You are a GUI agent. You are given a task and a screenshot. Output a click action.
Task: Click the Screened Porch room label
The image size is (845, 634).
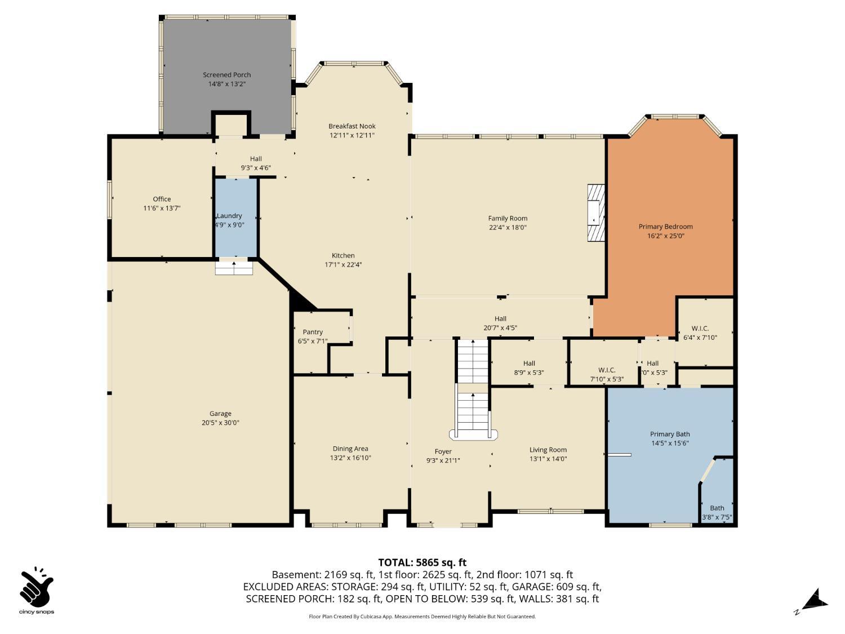click(x=226, y=75)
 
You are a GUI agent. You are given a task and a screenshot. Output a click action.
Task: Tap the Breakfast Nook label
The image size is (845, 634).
click(x=352, y=126)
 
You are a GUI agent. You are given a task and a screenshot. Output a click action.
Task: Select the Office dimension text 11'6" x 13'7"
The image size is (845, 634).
click(x=162, y=209)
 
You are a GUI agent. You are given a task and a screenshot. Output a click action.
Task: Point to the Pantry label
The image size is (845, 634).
click(x=313, y=332)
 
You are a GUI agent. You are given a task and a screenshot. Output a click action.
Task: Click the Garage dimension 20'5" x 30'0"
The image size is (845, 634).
click(x=220, y=423)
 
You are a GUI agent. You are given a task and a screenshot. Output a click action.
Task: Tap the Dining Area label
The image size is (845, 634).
click(x=350, y=449)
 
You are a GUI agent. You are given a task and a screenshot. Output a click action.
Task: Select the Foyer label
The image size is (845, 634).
click(x=443, y=451)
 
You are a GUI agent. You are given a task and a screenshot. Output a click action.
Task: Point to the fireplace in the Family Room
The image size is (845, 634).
click(x=595, y=213)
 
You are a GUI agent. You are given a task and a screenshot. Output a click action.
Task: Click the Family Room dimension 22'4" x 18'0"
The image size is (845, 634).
click(x=508, y=228)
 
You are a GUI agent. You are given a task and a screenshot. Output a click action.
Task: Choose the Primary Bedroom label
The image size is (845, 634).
click(x=665, y=227)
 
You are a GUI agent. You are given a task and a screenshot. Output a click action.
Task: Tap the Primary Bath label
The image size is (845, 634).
click(x=670, y=434)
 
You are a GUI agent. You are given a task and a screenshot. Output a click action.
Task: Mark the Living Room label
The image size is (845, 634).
click(x=548, y=450)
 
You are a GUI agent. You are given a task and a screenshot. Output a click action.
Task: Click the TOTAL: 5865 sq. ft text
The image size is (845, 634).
click(x=422, y=562)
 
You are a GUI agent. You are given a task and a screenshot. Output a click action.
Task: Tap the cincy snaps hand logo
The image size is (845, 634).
click(x=37, y=588)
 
